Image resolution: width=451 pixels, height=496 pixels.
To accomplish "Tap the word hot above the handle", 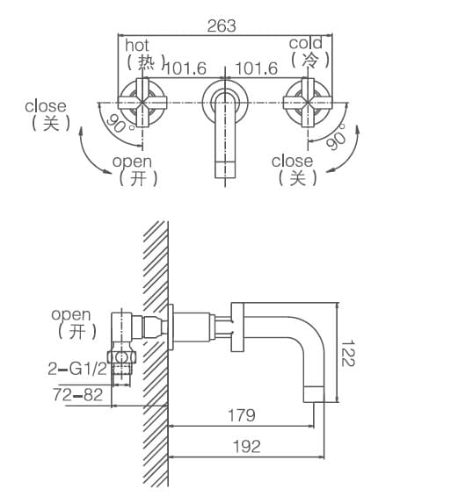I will (138, 44).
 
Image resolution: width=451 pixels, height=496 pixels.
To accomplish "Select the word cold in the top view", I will (305, 43).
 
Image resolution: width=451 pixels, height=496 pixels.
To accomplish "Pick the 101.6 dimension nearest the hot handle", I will (184, 68).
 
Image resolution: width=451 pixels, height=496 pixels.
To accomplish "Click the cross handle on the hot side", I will (139, 103).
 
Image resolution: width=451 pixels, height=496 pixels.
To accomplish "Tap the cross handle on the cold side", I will (308, 103).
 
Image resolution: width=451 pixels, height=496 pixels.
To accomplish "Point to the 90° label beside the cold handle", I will (337, 136).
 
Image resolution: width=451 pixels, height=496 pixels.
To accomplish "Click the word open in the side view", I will (70, 314).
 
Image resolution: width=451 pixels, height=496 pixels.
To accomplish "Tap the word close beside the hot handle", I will (45, 107).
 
